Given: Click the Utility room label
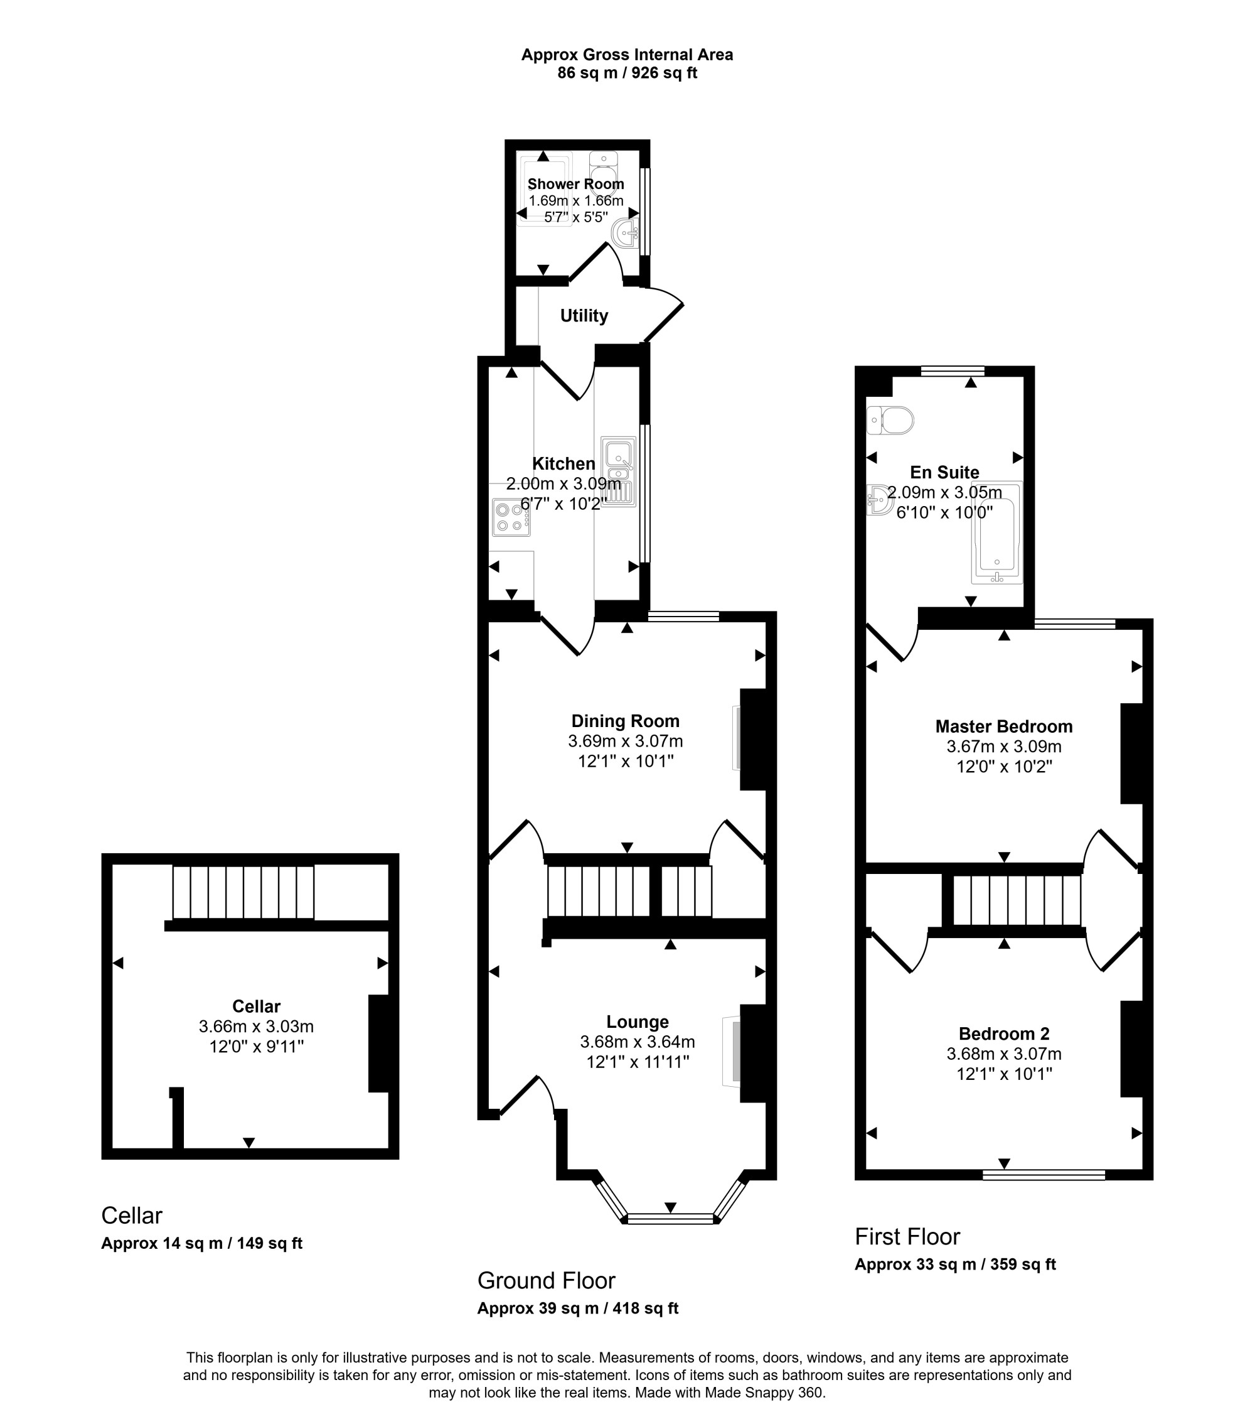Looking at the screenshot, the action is [584, 316].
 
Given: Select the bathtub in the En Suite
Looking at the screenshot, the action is [997, 532].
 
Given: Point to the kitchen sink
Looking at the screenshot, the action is [619, 472].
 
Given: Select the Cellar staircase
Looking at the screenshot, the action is [243, 892].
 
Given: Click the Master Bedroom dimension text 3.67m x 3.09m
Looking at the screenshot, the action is [1003, 746].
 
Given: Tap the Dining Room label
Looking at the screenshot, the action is [626, 721].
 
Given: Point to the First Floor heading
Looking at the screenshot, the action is [907, 1236].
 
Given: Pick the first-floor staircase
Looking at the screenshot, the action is [1017, 900].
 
